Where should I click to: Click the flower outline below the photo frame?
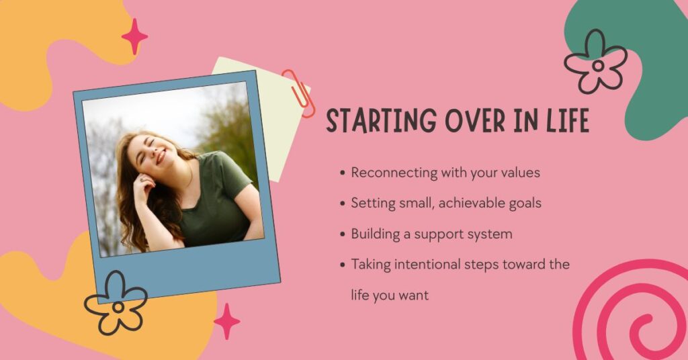[x=116, y=303]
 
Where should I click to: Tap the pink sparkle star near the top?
[x=134, y=36]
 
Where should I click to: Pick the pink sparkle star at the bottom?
[x=226, y=321]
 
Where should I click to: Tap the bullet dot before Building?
[x=343, y=234]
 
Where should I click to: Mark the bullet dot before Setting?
[x=343, y=204]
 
